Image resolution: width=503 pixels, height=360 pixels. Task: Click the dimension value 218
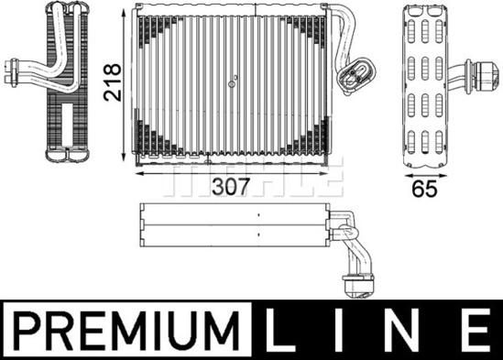(x=113, y=82)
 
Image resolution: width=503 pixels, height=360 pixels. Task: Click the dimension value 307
(x=230, y=187)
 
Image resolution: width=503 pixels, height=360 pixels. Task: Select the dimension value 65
(x=424, y=189)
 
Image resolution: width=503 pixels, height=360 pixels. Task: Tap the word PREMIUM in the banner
(x=126, y=330)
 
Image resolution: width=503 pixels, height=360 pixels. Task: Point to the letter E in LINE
(x=477, y=330)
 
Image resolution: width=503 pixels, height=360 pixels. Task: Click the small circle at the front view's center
(x=232, y=84)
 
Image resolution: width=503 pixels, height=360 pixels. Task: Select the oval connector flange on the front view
(x=355, y=76)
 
